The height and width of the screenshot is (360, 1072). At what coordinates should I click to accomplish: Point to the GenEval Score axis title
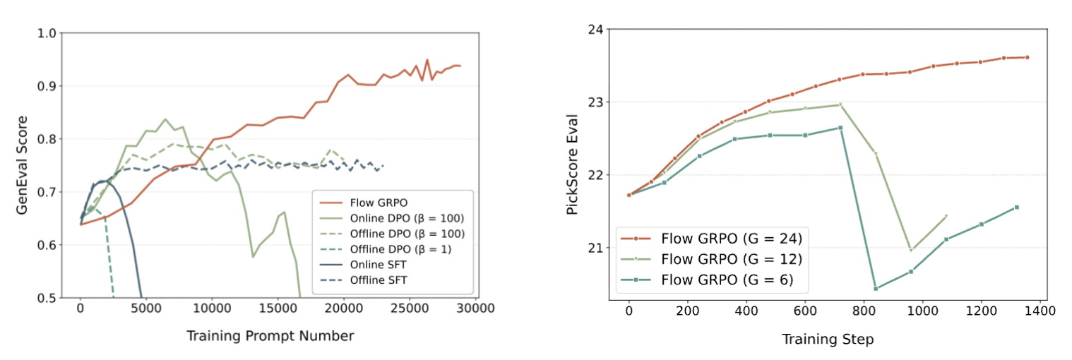pyautogui.click(x=23, y=165)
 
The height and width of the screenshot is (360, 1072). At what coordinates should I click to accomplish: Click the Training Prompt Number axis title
pyautogui.click(x=270, y=337)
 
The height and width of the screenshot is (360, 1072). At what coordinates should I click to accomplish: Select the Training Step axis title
pyautogui.click(x=827, y=340)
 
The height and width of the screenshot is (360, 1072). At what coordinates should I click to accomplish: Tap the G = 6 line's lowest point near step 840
pyautogui.click(x=876, y=288)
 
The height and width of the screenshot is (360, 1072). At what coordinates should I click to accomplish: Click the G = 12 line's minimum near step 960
pyautogui.click(x=911, y=251)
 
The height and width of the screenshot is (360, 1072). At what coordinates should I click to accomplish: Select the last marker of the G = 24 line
pyautogui.click(x=1027, y=57)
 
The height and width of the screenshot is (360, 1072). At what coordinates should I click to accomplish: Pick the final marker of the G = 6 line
pyautogui.click(x=1016, y=207)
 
